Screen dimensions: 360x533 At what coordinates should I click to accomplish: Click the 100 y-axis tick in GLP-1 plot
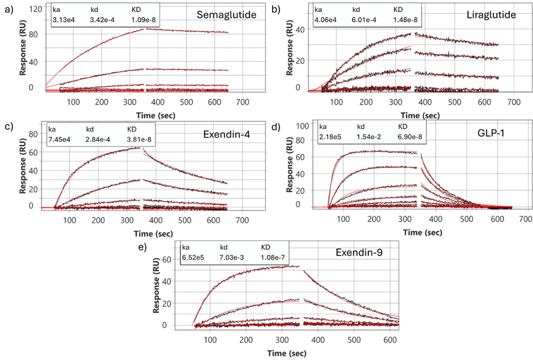(302, 125)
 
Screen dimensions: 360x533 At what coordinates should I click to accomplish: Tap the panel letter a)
(8, 8)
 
